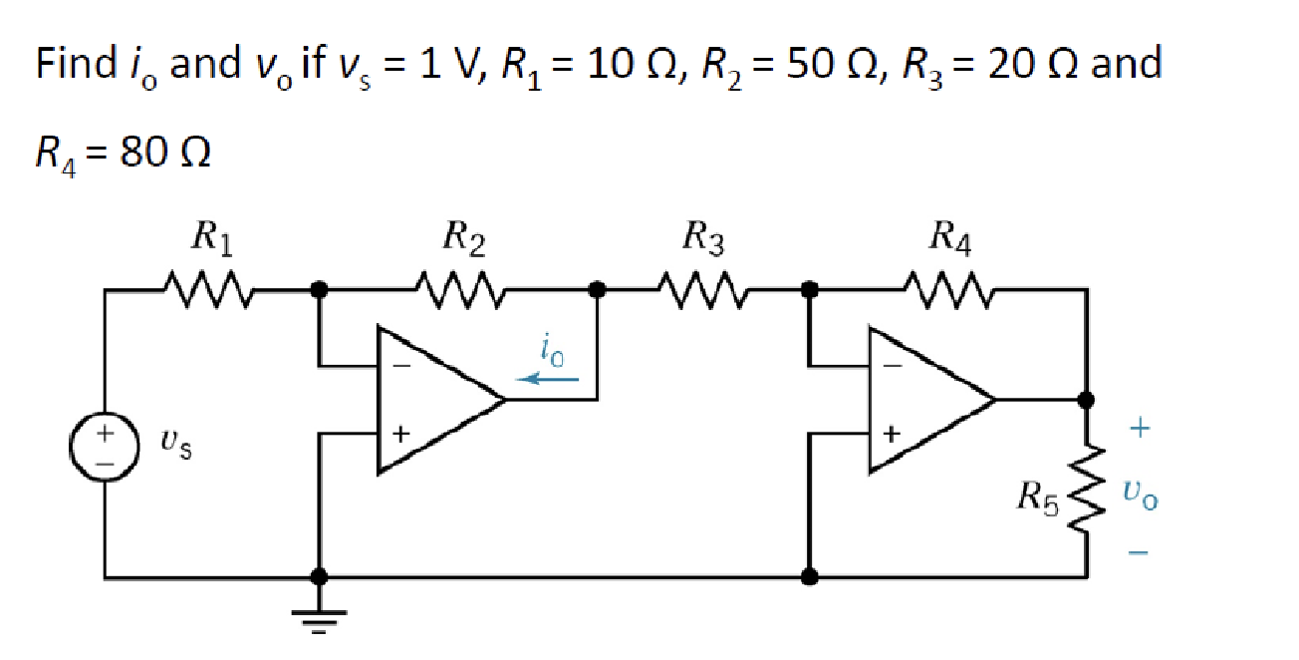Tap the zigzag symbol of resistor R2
click(x=461, y=290)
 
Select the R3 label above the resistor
click(x=704, y=239)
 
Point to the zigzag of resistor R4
click(x=948, y=290)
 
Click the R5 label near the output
click(x=1036, y=495)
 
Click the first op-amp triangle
click(x=433, y=399)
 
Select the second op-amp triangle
click(x=926, y=399)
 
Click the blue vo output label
click(x=1141, y=493)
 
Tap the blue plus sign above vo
click(x=1141, y=429)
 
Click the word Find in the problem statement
click(x=76, y=64)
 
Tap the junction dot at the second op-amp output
click(x=1086, y=400)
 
